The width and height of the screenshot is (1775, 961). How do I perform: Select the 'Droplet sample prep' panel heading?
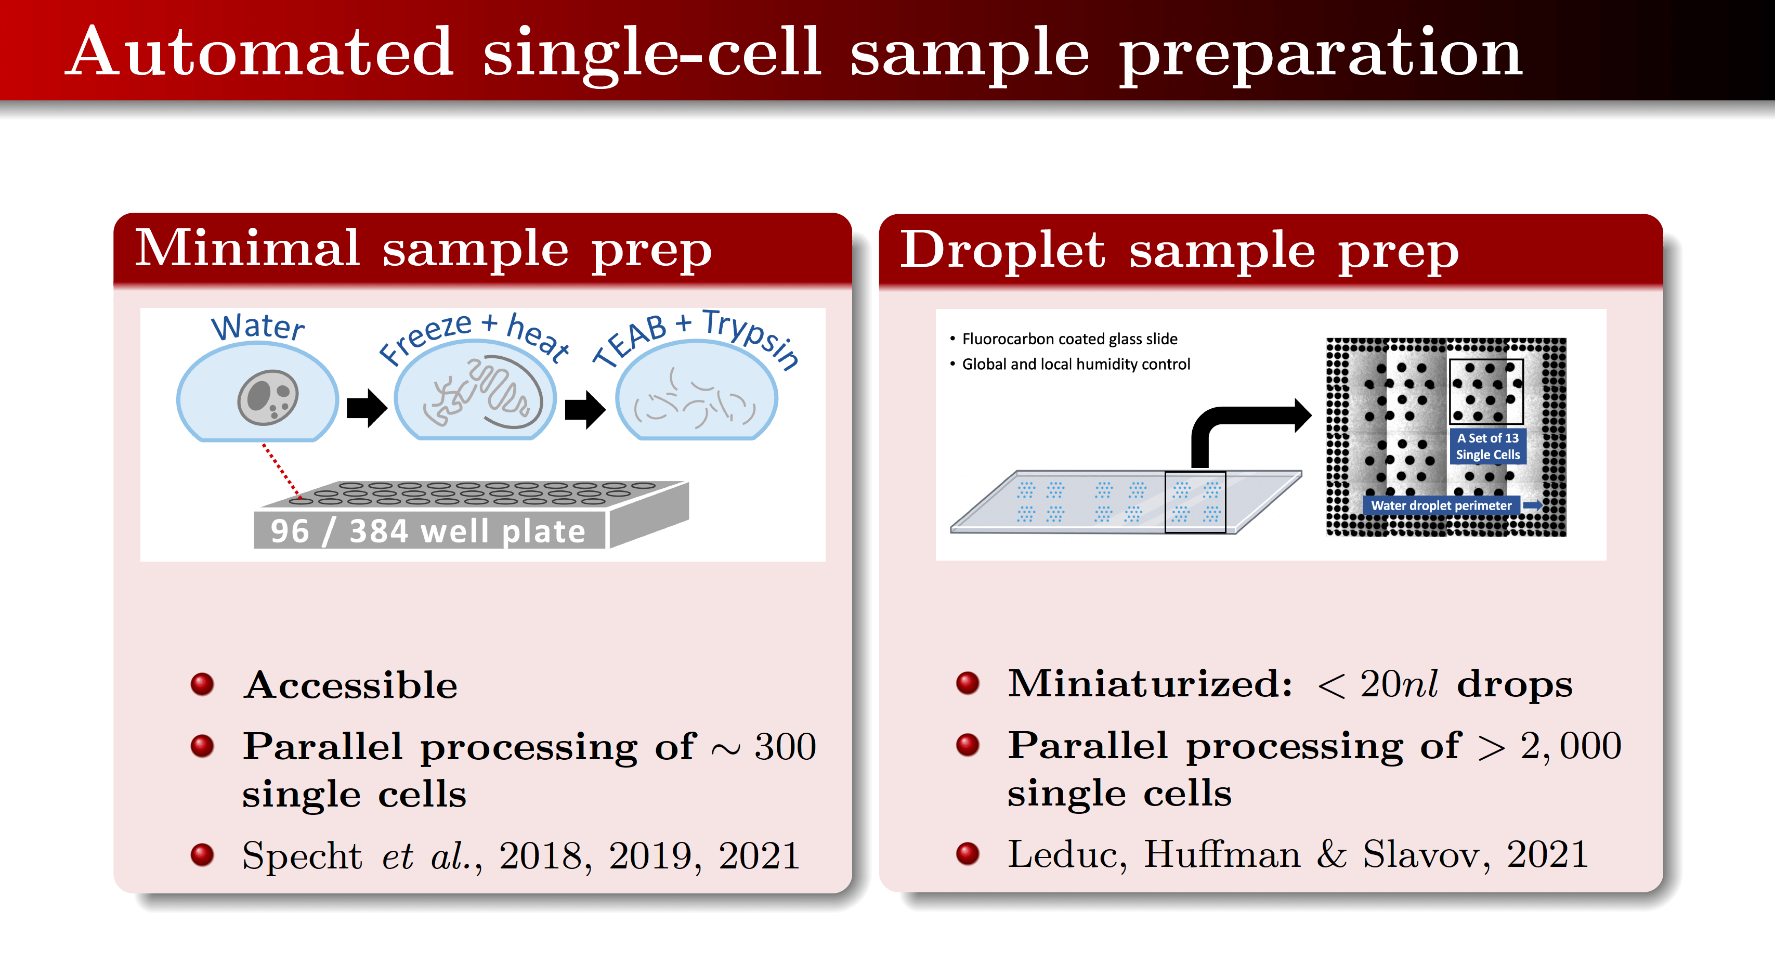(1179, 250)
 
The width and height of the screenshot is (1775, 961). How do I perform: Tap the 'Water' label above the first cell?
(258, 327)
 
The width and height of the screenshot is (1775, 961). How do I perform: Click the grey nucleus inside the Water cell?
(267, 398)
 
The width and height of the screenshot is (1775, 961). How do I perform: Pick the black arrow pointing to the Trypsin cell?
(584, 409)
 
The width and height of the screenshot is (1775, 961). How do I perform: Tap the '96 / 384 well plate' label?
(428, 531)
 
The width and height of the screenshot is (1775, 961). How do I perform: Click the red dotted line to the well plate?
(281, 470)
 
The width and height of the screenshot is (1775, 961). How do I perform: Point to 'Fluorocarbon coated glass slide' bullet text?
(1069, 339)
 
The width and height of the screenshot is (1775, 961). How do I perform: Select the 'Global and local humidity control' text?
(1076, 364)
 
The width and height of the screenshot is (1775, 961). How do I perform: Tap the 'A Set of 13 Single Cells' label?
(1487, 446)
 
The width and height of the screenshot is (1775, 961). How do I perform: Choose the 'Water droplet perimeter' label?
(1441, 505)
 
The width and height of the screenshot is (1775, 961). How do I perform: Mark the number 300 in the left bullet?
(785, 747)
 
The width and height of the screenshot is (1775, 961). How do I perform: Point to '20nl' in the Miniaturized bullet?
(1398, 684)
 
